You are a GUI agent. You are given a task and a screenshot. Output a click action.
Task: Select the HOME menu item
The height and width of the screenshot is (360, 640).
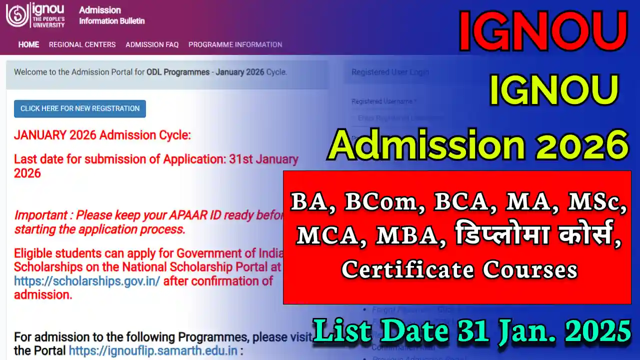pyautogui.click(x=28, y=44)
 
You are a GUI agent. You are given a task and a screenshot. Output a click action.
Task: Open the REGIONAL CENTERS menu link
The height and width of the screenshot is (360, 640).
pyautogui.click(x=82, y=44)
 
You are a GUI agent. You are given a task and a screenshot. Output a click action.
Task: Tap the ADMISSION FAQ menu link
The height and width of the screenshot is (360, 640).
pyautogui.click(x=152, y=44)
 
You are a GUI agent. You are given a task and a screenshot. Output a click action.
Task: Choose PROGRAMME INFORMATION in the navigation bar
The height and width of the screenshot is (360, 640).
pyautogui.click(x=235, y=44)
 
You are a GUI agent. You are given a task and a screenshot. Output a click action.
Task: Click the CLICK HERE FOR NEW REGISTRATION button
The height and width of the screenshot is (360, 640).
pyautogui.click(x=80, y=108)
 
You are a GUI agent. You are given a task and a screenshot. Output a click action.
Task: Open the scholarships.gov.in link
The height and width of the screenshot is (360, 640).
pyautogui.click(x=87, y=281)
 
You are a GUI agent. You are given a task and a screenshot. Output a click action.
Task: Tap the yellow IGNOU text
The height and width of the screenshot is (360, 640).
pyautogui.click(x=553, y=91)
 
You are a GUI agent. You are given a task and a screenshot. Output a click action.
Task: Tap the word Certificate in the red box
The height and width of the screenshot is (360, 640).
pyautogui.click(x=407, y=270)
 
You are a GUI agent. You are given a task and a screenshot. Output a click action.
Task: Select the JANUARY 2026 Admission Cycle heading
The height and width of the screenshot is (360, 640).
pyautogui.click(x=102, y=135)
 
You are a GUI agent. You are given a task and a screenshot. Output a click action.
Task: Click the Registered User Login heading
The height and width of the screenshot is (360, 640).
pyautogui.click(x=390, y=72)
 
